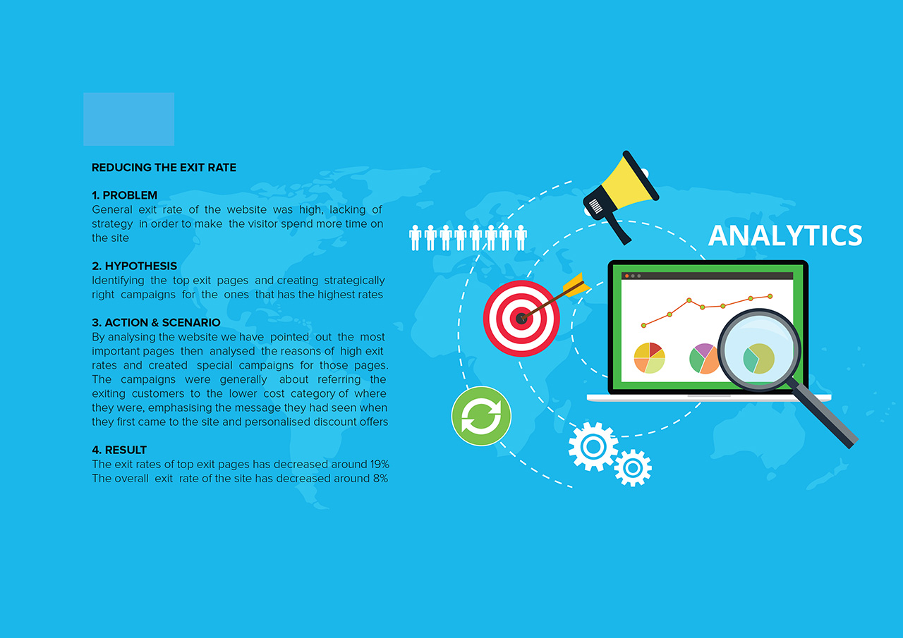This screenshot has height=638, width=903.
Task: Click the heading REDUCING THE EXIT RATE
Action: pyautogui.click(x=164, y=168)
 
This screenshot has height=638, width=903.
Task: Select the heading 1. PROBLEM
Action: pyautogui.click(x=125, y=195)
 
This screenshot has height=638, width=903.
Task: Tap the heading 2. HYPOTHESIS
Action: pyautogui.click(x=134, y=266)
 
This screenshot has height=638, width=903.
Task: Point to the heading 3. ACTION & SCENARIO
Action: pyautogui.click(x=156, y=323)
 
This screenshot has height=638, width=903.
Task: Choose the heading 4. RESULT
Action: pyautogui.click(x=119, y=450)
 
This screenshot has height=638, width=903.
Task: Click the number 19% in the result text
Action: pyautogui.click(x=380, y=465)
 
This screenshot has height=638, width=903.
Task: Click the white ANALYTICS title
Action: pyautogui.click(x=785, y=235)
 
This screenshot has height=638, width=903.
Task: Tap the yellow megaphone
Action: pyautogui.click(x=622, y=197)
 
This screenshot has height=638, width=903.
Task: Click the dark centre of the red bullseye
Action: pyautogui.click(x=521, y=319)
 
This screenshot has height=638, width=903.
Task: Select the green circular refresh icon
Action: pyautogui.click(x=481, y=416)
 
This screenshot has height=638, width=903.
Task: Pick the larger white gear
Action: pyautogui.click(x=593, y=446)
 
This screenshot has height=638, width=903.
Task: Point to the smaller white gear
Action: pyautogui.click(x=633, y=468)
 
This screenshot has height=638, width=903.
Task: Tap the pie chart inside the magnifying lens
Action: pyautogui.click(x=758, y=358)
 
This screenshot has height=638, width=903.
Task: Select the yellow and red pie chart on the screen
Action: pyautogui.click(x=650, y=357)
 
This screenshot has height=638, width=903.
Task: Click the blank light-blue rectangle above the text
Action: pyautogui.click(x=129, y=119)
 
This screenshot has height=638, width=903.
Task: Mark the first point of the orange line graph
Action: pyautogui.click(x=644, y=326)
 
